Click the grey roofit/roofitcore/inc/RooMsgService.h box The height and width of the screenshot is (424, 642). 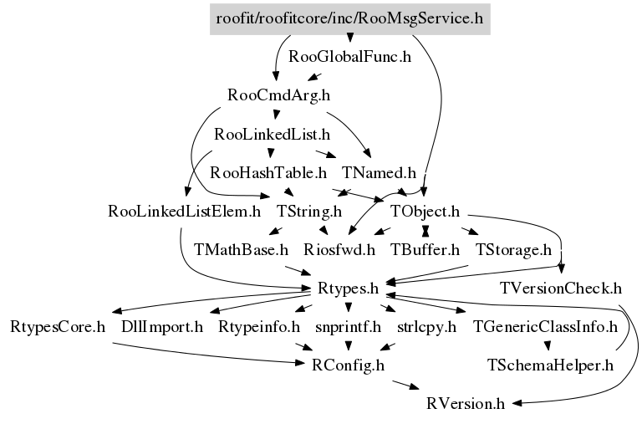349,18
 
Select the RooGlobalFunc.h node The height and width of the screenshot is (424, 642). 350,57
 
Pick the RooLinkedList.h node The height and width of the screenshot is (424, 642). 273,134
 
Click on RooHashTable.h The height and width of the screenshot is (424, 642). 268,173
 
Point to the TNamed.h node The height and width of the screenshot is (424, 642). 379,173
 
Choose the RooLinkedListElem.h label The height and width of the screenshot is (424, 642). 185,211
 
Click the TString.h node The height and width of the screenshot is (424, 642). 310,211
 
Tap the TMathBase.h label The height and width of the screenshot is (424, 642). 241,249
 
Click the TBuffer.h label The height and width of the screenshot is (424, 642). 425,249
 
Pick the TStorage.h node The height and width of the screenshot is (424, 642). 513,249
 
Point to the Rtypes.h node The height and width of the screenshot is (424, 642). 349,289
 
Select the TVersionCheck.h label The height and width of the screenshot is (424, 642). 561,289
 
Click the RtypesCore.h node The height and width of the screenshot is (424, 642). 58,326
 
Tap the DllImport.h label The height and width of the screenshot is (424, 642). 162,326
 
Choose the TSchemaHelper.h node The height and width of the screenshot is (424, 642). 551,365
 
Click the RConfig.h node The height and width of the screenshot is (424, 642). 348,365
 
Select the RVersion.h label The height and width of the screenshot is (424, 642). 465,404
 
